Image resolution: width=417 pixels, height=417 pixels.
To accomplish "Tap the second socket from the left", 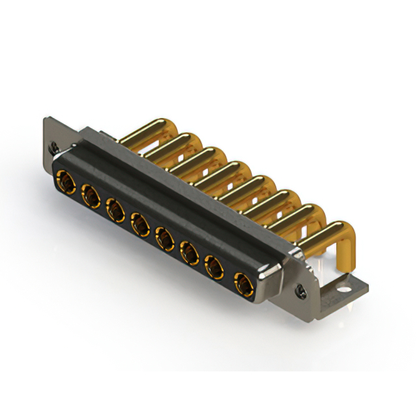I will pyautogui.click(x=90, y=194).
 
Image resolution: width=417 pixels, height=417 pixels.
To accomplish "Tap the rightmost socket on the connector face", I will pyautogui.click(x=243, y=283).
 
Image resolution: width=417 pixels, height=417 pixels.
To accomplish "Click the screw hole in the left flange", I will pyautogui.click(x=55, y=146).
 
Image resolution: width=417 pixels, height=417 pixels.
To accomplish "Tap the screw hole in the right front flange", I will pyautogui.click(x=301, y=289).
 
